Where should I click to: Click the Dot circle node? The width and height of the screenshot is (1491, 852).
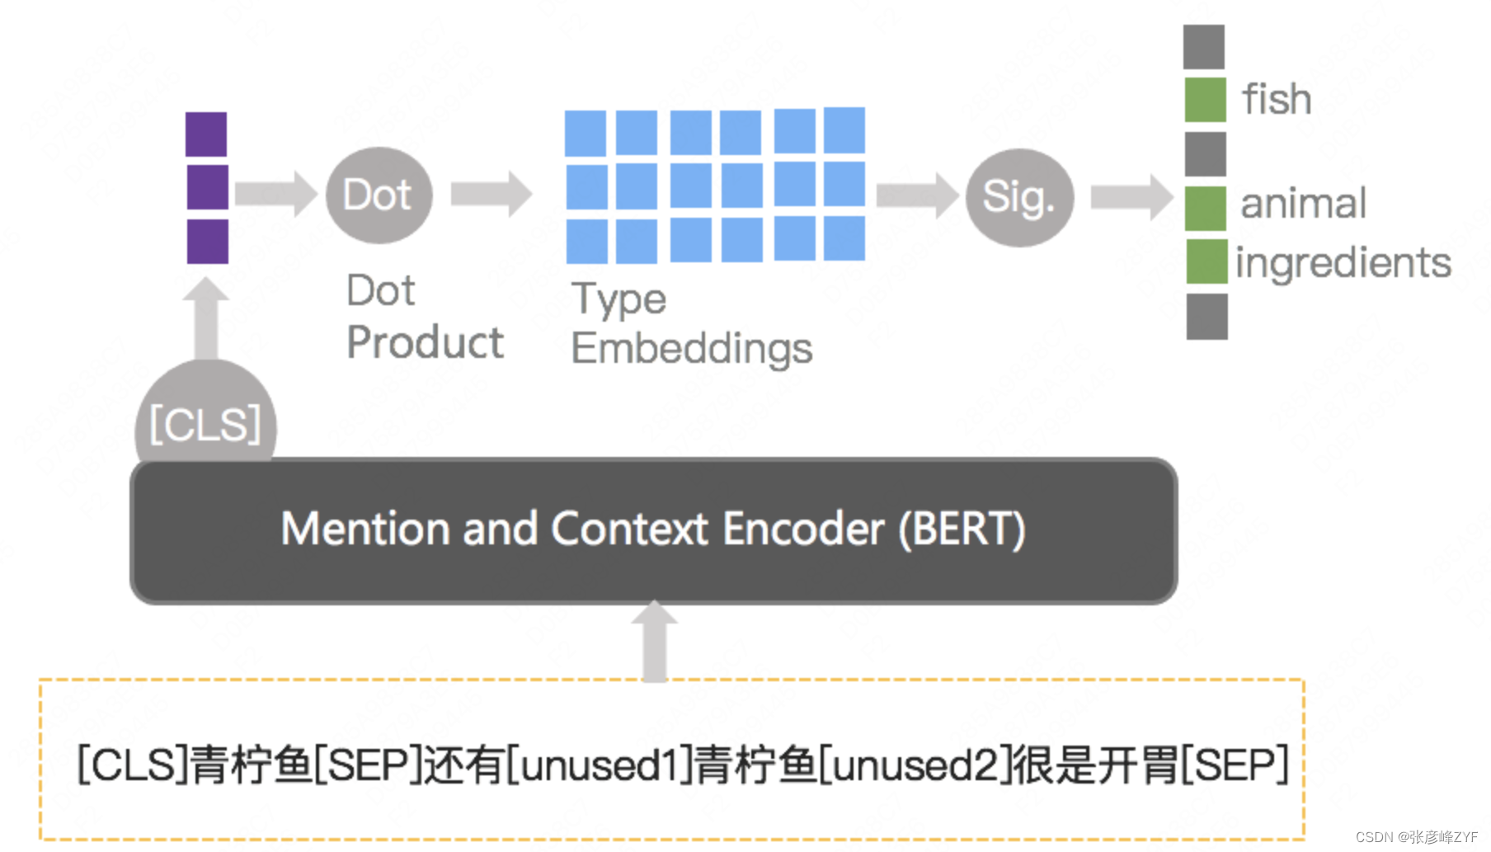pyautogui.click(x=379, y=195)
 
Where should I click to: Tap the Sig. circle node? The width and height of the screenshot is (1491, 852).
pyautogui.click(x=1019, y=198)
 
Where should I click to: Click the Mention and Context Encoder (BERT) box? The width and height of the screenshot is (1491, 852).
pyautogui.click(x=653, y=530)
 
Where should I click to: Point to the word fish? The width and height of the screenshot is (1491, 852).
pyautogui.click(x=1276, y=100)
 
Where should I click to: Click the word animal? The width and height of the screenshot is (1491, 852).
pyautogui.click(x=1303, y=204)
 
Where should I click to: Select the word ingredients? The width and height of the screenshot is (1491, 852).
pyautogui.click(x=1343, y=263)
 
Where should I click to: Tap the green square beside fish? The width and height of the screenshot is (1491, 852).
pyautogui.click(x=1205, y=100)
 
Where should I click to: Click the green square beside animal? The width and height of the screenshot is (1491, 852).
pyautogui.click(x=1205, y=208)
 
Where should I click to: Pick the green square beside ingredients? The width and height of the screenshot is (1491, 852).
pyautogui.click(x=1206, y=261)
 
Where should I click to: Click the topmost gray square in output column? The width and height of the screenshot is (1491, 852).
pyautogui.click(x=1204, y=47)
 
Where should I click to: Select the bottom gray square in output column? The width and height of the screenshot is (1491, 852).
pyautogui.click(x=1206, y=317)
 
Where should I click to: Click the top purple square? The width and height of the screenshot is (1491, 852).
pyautogui.click(x=206, y=134)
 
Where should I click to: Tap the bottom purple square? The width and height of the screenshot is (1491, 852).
pyautogui.click(x=207, y=241)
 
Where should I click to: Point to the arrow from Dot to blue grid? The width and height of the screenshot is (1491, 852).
pyautogui.click(x=492, y=195)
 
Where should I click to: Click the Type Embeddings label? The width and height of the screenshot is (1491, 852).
pyautogui.click(x=691, y=323)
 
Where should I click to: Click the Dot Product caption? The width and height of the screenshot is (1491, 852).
pyautogui.click(x=424, y=317)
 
